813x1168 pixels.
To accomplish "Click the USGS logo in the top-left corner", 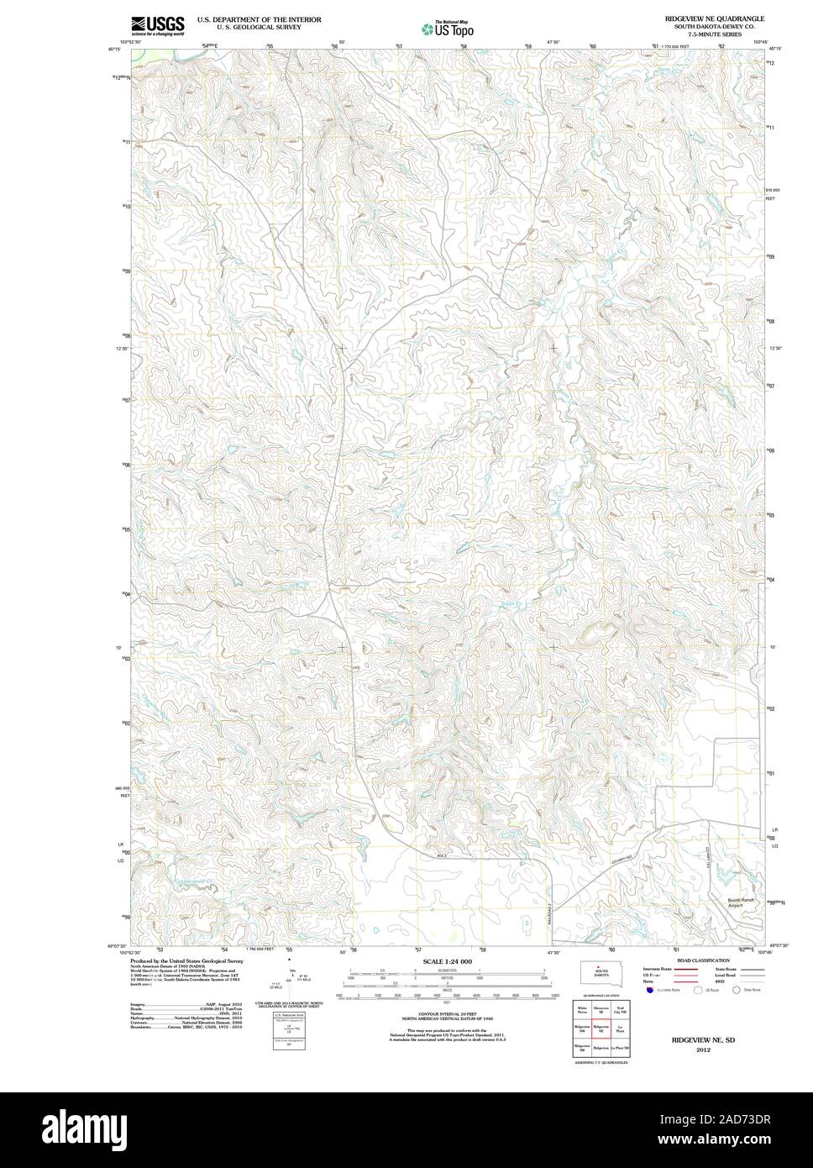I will click(x=157, y=25).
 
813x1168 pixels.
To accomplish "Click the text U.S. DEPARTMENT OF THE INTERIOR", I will click(x=259, y=18).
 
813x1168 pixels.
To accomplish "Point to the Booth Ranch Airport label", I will click(x=741, y=902).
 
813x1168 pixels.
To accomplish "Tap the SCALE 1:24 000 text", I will click(x=448, y=960).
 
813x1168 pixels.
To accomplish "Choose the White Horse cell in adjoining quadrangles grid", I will click(x=582, y=1010).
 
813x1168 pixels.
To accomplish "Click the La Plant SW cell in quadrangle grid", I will click(x=621, y=1050).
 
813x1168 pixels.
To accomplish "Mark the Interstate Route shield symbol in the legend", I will click(x=650, y=991).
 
